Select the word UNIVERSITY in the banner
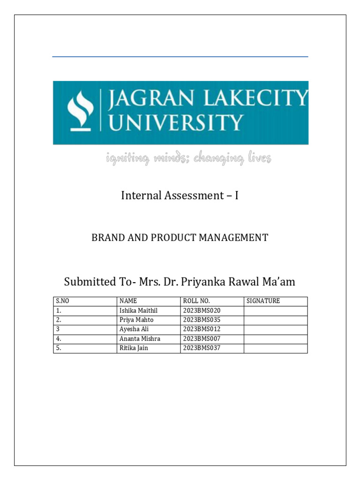(176, 123)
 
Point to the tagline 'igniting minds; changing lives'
(188, 159)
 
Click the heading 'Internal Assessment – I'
(180, 195)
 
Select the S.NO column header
(62, 301)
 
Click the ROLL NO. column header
(196, 301)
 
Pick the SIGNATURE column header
(263, 301)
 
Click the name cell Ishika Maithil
(140, 310)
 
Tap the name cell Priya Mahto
(136, 320)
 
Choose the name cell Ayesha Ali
(134, 329)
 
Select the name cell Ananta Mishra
(140, 338)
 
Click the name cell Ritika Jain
(134, 348)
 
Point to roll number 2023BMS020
(202, 310)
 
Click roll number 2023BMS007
(202, 338)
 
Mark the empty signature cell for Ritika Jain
(276, 348)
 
